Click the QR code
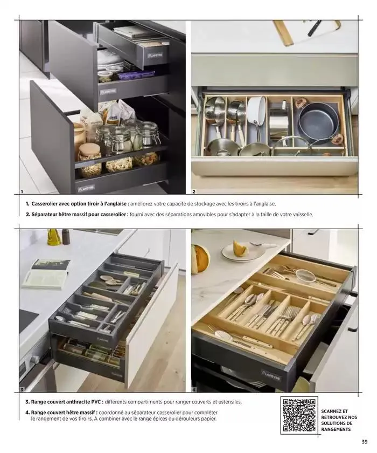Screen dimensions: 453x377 (x=298, y=415)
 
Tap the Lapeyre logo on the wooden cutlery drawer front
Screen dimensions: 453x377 (x=271, y=373)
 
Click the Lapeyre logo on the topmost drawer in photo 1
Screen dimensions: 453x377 (x=157, y=54)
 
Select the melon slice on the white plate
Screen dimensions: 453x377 (x=241, y=249)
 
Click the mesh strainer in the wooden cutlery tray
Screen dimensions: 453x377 (x=306, y=276)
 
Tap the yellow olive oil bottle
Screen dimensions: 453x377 (x=53, y=237)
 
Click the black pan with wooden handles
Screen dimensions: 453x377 (x=318, y=122)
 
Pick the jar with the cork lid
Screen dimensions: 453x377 (x=89, y=160)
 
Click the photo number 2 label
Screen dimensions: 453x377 (x=193, y=191)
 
